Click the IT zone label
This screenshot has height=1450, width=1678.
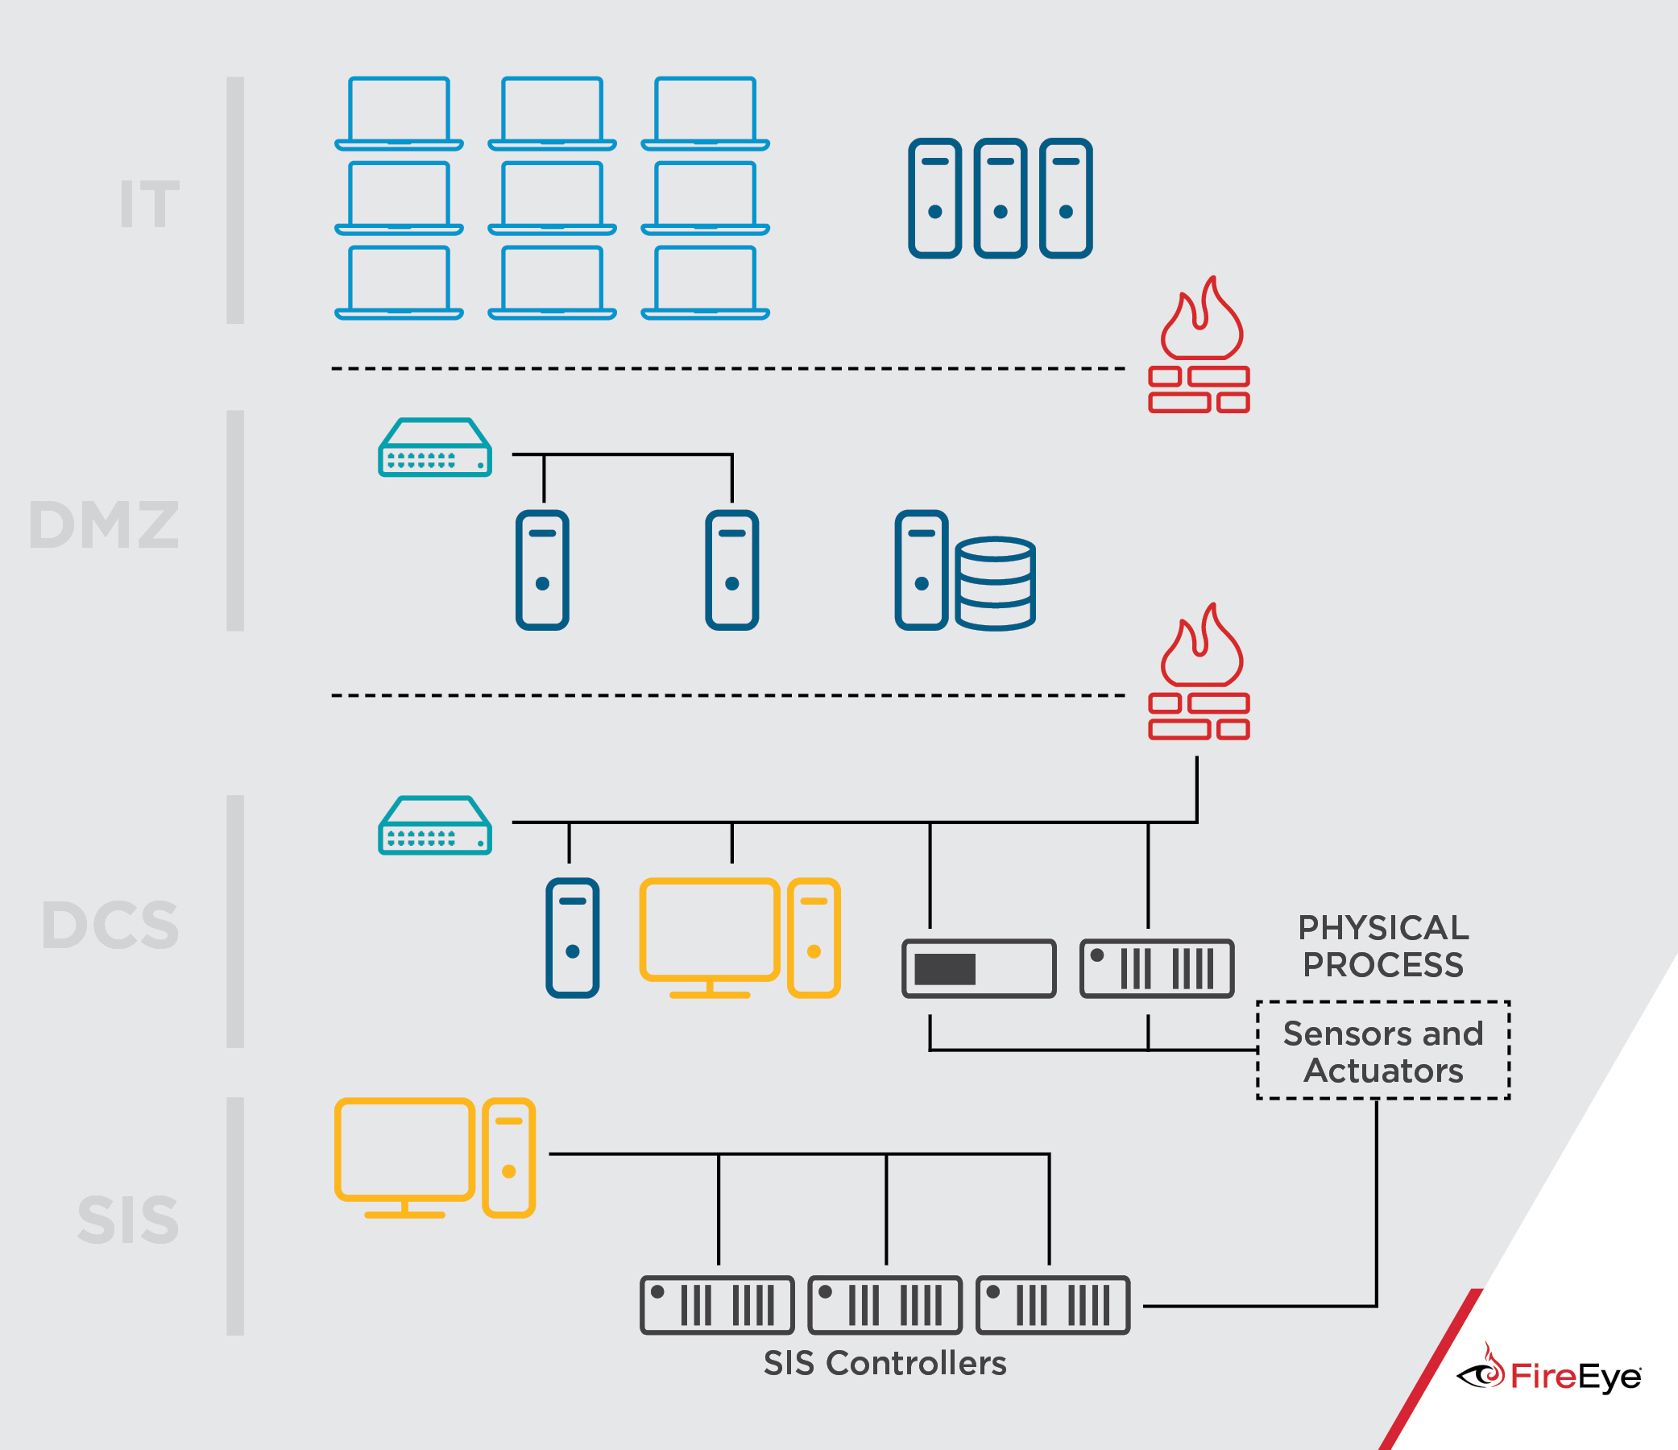[x=150, y=203]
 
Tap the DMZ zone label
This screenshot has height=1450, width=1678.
[x=104, y=525]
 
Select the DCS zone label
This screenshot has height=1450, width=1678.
[x=110, y=925]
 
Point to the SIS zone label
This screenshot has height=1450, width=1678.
[x=128, y=1219]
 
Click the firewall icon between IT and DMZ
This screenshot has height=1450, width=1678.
[x=1199, y=346]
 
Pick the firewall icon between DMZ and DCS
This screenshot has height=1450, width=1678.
[x=1199, y=673]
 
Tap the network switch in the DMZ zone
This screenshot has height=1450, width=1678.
[x=435, y=447]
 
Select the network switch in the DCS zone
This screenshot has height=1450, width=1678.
[x=435, y=825]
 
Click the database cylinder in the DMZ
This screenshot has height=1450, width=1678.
[x=995, y=582]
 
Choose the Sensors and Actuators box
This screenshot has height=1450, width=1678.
[x=1382, y=1050]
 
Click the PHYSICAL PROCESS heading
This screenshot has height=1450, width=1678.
[x=1382, y=947]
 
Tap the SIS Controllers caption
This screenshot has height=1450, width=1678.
[x=885, y=1363]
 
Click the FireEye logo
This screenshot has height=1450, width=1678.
[x=1548, y=1375]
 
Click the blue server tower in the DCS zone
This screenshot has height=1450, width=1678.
[x=572, y=937]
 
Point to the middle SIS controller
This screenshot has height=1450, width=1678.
[x=885, y=1304]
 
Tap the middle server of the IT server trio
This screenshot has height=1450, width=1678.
[x=1001, y=197]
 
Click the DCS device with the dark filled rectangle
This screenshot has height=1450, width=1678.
[x=978, y=968]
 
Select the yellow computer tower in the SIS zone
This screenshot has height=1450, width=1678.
[x=508, y=1158]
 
